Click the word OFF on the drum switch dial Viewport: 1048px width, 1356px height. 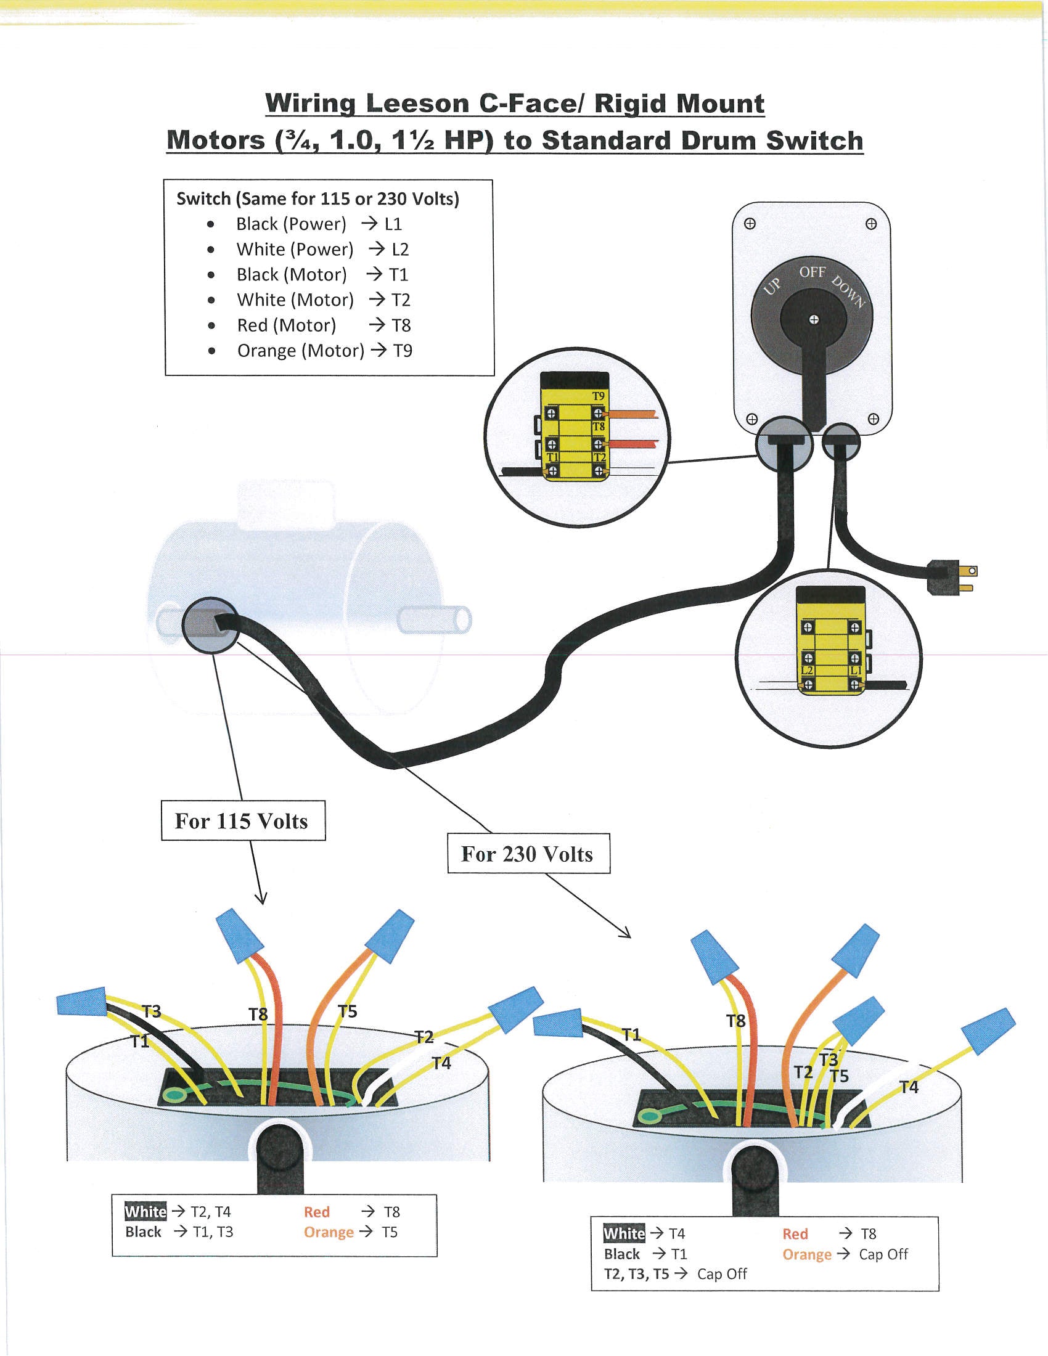(x=812, y=272)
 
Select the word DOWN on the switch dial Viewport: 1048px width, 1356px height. (x=848, y=291)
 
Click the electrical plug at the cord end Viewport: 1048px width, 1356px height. (x=951, y=577)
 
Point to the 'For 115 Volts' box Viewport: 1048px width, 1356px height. (x=243, y=821)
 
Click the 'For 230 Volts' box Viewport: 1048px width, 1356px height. (x=528, y=854)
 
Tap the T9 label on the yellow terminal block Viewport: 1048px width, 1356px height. (x=598, y=396)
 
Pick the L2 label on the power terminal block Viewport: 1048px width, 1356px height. (x=807, y=671)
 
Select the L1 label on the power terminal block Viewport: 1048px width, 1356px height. (x=855, y=671)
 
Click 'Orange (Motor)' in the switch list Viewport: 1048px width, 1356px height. (x=300, y=351)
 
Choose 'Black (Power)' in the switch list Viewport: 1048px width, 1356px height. (x=291, y=224)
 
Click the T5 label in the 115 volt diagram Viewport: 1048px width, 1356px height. (x=348, y=1011)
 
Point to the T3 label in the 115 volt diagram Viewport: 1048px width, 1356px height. (x=152, y=1011)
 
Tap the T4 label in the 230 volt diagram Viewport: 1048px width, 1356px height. (x=909, y=1087)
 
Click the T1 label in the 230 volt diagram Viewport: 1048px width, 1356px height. (x=631, y=1034)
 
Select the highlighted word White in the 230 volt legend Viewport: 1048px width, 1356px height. (x=624, y=1234)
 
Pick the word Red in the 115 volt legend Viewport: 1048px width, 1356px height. (x=317, y=1212)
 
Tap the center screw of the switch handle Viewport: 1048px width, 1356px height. (x=813, y=320)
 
